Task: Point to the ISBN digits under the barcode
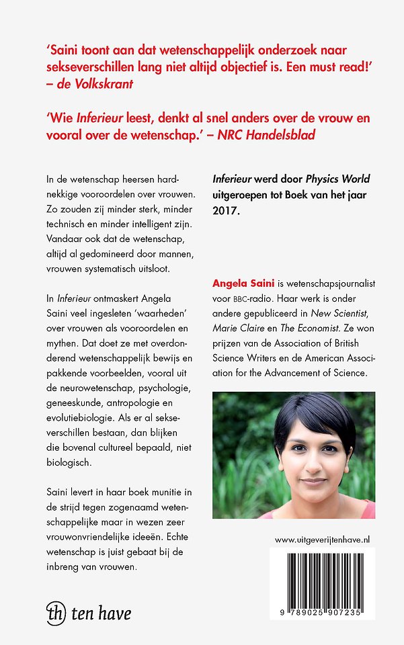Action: pyautogui.click(x=323, y=607)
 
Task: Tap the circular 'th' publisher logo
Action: pyautogui.click(x=55, y=613)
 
